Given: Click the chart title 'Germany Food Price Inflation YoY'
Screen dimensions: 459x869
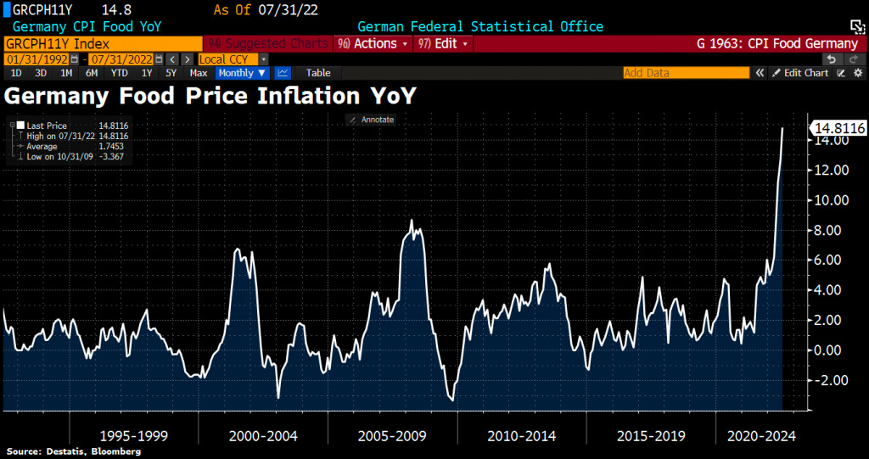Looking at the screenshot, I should point(210,95).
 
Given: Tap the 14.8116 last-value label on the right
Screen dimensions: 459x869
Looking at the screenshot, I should point(838,128).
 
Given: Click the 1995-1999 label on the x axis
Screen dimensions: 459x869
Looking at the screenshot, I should point(133,436).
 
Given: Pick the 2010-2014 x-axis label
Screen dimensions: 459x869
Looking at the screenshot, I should point(521,436).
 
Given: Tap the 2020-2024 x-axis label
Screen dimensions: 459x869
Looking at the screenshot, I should point(762,436).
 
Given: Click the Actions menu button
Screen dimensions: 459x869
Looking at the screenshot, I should point(373,43).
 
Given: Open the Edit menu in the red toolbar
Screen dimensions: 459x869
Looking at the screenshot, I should point(443,43).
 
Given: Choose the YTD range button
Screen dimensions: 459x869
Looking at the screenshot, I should point(120,73).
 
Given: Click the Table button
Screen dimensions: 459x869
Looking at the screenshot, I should point(318,73).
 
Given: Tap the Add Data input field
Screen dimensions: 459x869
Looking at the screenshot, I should point(686,73).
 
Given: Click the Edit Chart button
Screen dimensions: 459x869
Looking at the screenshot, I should point(800,73).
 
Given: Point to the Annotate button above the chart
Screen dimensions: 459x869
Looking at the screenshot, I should point(373,120).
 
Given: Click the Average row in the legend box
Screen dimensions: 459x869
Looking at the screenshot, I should point(42,147).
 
